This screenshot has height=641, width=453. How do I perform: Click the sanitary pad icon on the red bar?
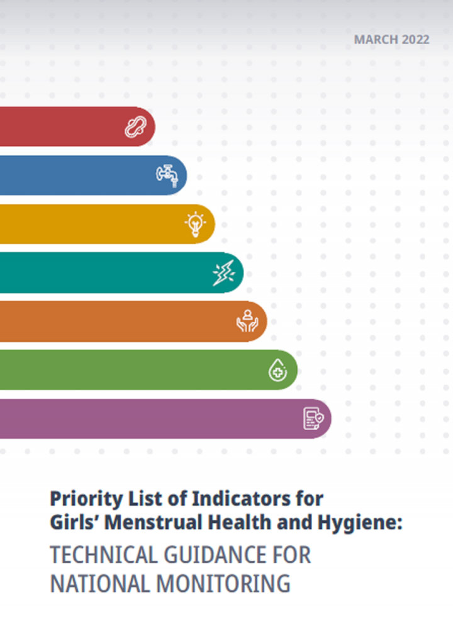pos(133,126)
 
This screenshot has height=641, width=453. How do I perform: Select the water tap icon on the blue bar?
pos(167,174)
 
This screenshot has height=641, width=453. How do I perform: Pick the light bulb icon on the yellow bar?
pos(195,224)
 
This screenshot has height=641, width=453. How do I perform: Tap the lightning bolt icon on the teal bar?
pos(223,273)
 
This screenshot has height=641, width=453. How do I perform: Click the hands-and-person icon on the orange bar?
pos(247,321)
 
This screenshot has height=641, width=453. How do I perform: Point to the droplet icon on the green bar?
pos(277,370)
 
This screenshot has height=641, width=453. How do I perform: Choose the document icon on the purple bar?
pos(313,418)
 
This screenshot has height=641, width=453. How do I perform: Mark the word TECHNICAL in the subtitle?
pos(103,555)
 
